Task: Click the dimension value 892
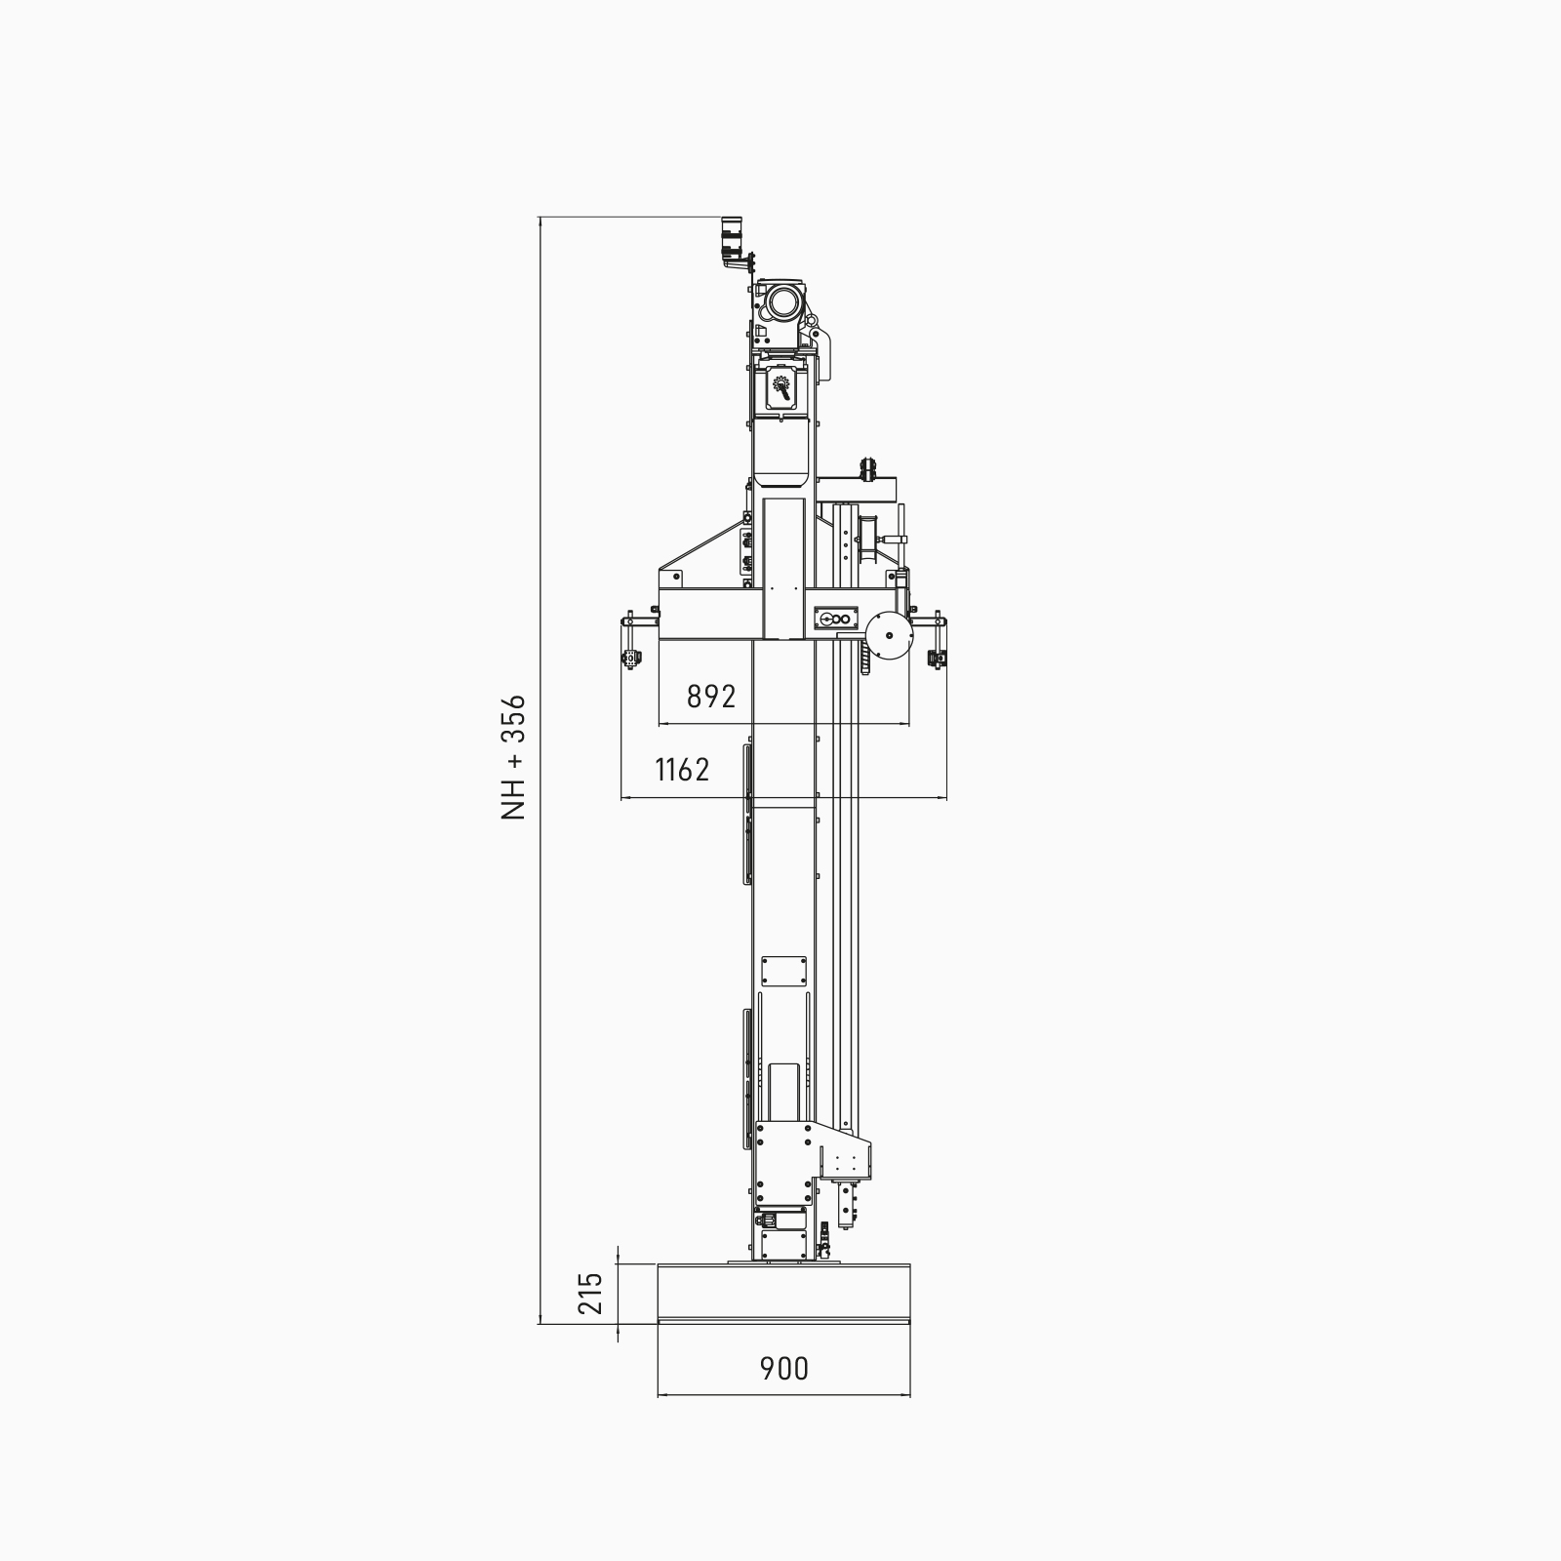coord(711,697)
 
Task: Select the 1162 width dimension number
coord(682,770)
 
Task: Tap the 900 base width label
coord(784,1369)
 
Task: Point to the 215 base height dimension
coord(591,1293)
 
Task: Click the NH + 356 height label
coord(513,756)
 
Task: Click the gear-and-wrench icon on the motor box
coord(782,387)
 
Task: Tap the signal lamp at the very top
coord(732,239)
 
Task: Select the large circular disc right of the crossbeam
coord(888,635)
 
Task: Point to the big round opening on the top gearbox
coord(782,303)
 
